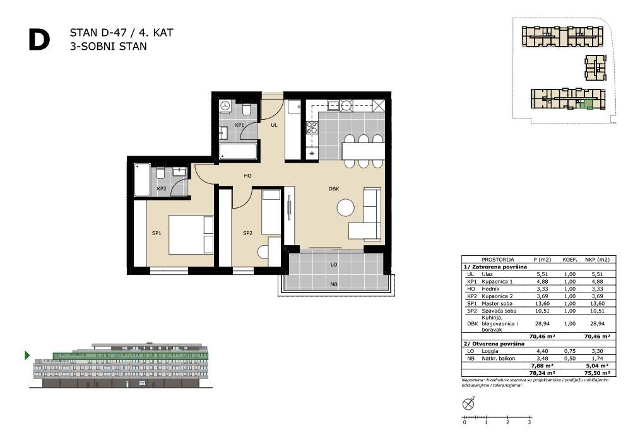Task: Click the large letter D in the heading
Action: pyautogui.click(x=39, y=40)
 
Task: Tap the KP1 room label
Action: pyautogui.click(x=240, y=125)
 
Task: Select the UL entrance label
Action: pyautogui.click(x=274, y=125)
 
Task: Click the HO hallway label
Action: pyautogui.click(x=248, y=176)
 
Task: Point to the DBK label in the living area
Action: pyautogui.click(x=334, y=188)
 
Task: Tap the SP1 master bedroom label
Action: pyautogui.click(x=157, y=233)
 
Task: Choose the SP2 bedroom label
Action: pyautogui.click(x=247, y=233)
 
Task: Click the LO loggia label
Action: pyautogui.click(x=334, y=265)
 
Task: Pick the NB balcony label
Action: pyautogui.click(x=334, y=284)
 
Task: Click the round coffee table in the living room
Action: pyautogui.click(x=346, y=207)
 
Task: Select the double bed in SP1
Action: pyautogui.click(x=191, y=234)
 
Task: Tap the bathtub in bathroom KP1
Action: pyautogui.click(x=239, y=152)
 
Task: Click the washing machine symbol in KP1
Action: pyautogui.click(x=225, y=106)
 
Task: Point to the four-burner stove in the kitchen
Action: pyautogui.click(x=312, y=128)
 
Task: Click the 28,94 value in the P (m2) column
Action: pyautogui.click(x=542, y=324)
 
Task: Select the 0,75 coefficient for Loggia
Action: pyautogui.click(x=570, y=351)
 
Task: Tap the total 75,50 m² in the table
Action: pyautogui.click(x=597, y=373)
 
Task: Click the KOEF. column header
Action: pyautogui.click(x=570, y=260)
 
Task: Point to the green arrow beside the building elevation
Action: pyautogui.click(x=27, y=355)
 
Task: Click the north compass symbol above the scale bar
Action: pyautogui.click(x=468, y=403)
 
